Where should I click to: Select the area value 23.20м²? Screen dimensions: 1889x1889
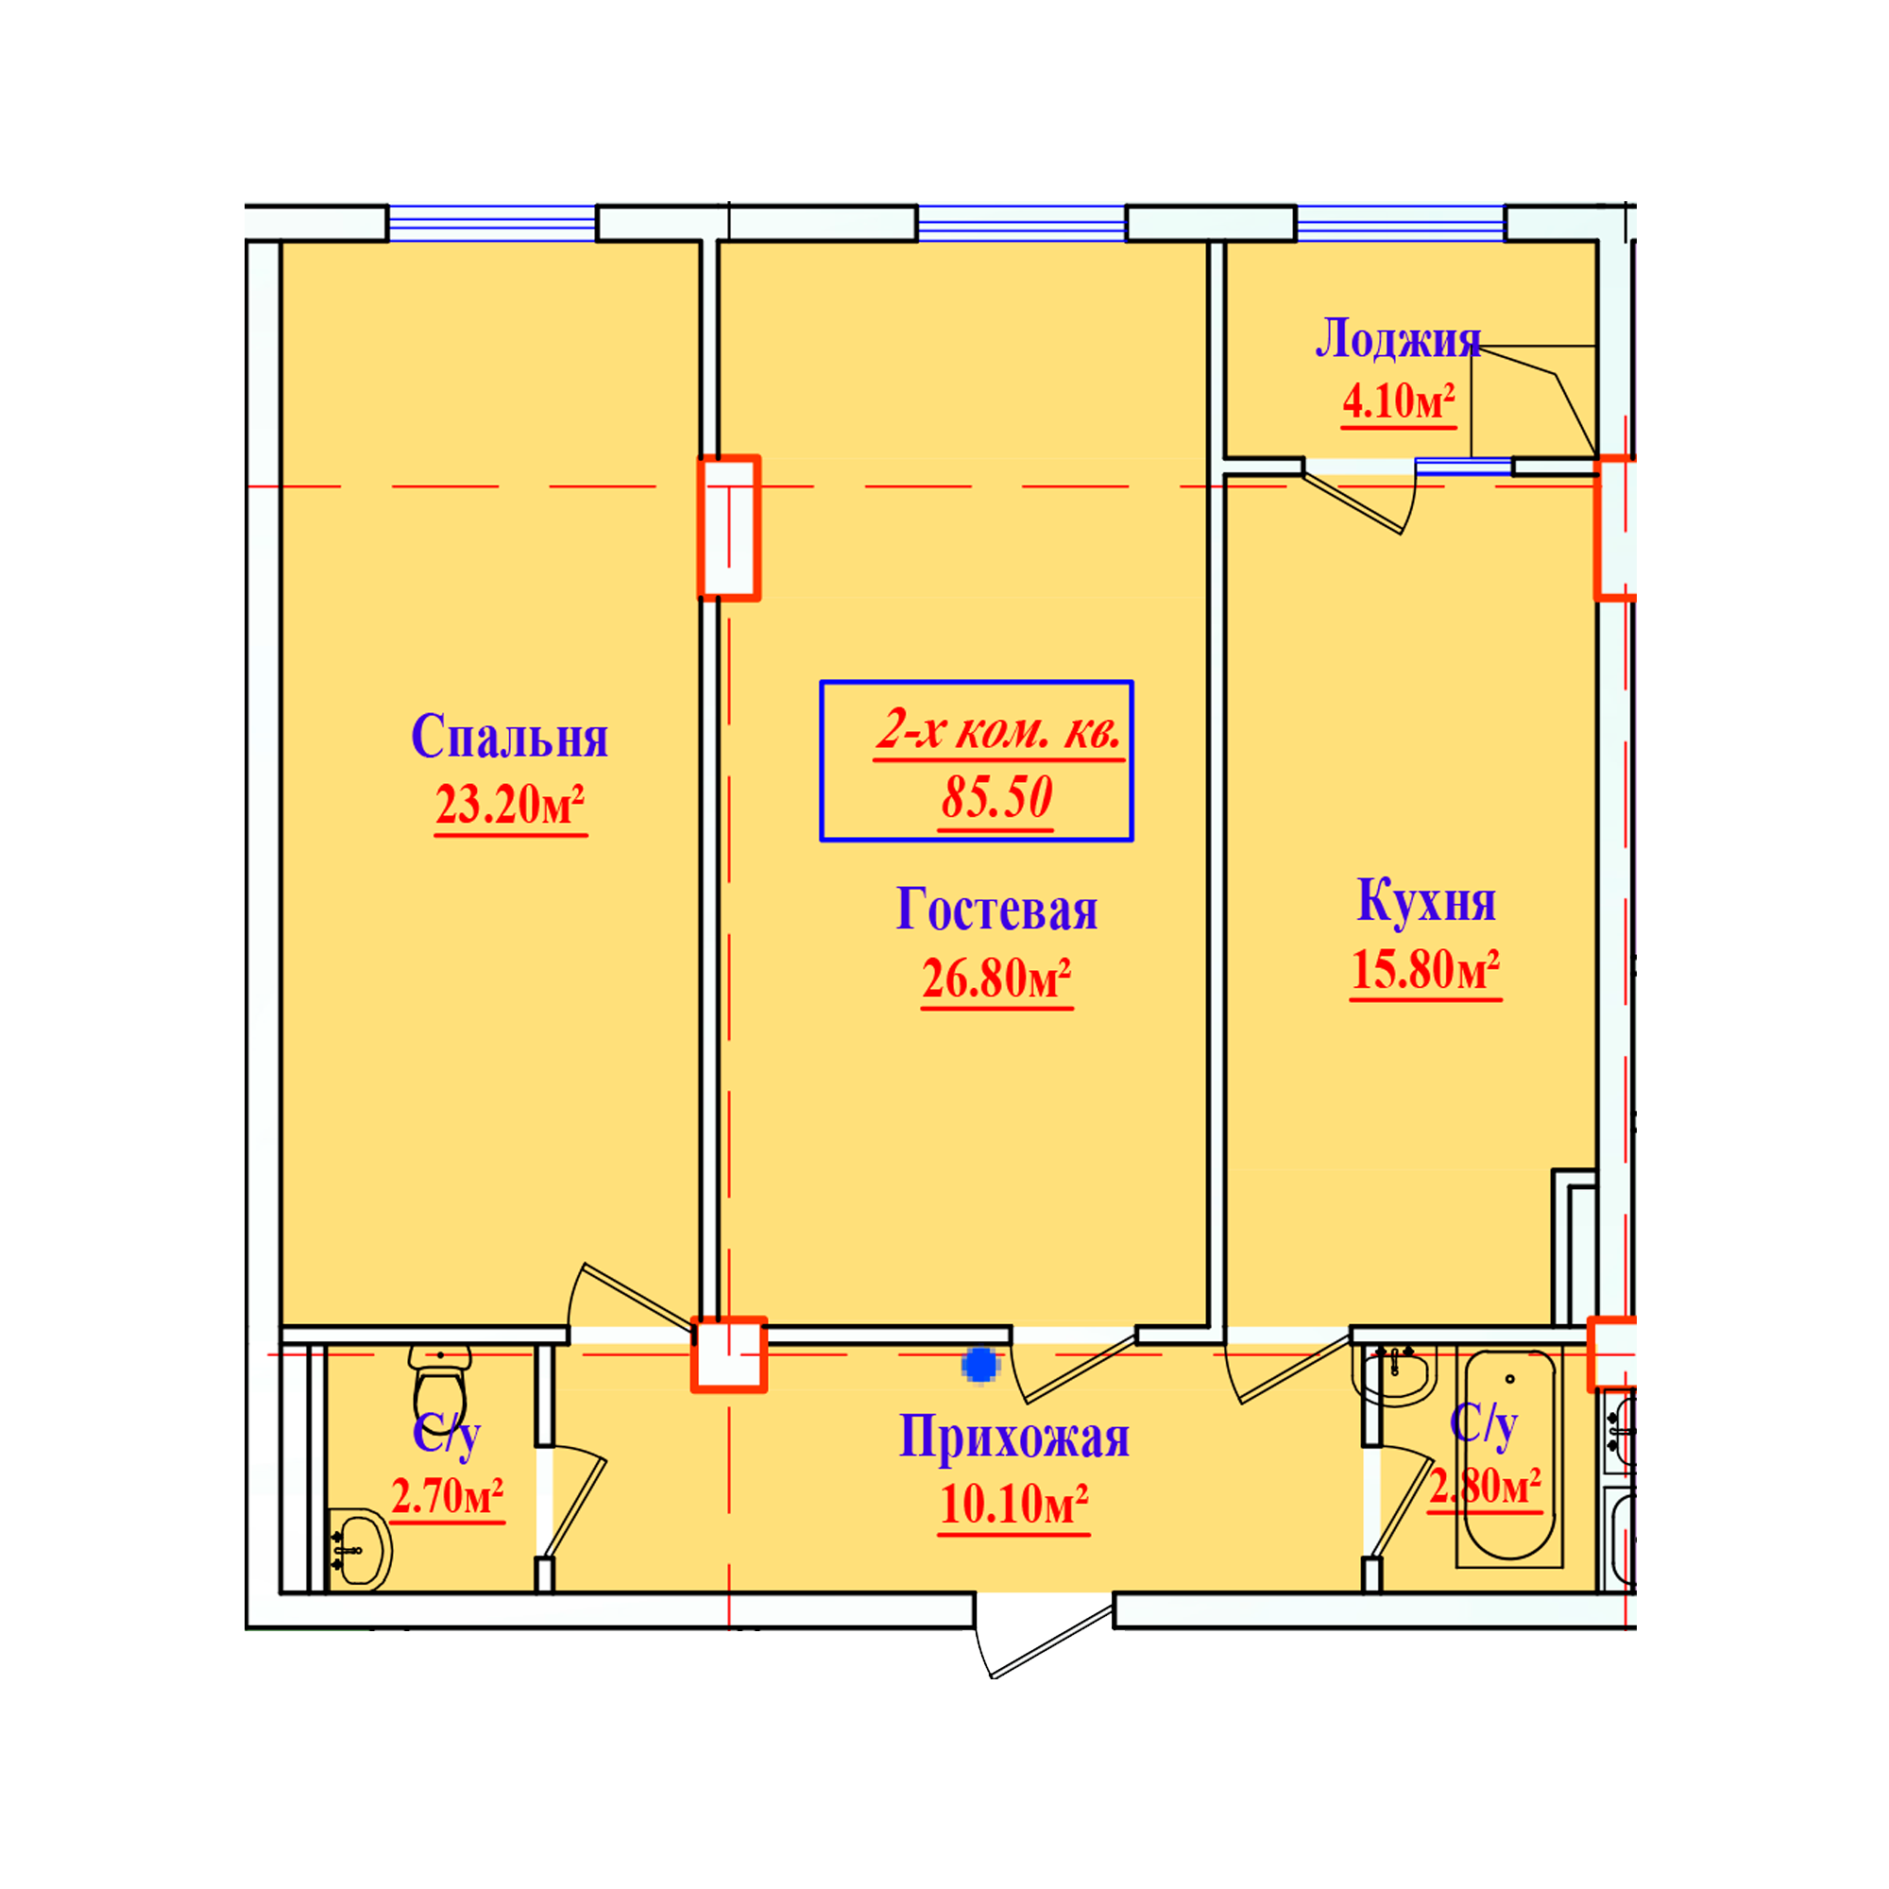(x=510, y=806)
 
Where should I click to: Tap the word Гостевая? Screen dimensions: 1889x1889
(x=997, y=910)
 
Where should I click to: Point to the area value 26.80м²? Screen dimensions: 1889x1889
(x=997, y=979)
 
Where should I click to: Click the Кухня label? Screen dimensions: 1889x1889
(x=1426, y=899)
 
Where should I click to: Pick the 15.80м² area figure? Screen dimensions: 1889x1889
(x=1425, y=970)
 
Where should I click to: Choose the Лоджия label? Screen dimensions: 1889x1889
(x=1398, y=338)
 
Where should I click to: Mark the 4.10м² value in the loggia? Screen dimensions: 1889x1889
(x=1399, y=400)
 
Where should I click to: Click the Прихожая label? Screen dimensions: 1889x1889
(x=1013, y=1438)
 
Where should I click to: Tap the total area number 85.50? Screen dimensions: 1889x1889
(x=996, y=797)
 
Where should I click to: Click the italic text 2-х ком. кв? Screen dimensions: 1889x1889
(x=998, y=730)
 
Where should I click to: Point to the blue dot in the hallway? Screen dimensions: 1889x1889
(x=979, y=1365)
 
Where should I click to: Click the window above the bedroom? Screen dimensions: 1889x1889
(x=492, y=224)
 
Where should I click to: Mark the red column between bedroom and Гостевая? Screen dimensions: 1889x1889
(x=729, y=528)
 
